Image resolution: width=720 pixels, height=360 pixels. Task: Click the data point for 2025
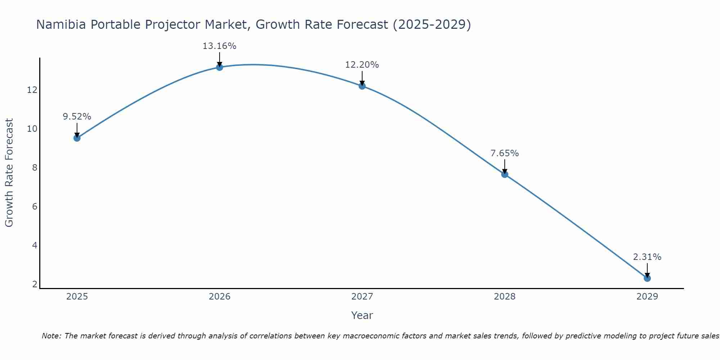click(77, 138)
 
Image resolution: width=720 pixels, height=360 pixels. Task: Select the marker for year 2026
click(220, 67)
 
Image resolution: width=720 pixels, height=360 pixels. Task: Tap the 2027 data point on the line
click(362, 86)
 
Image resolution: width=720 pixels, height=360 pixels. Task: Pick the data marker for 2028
click(505, 174)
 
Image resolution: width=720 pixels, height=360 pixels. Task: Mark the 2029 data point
click(647, 278)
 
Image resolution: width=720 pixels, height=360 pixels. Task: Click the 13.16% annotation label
click(219, 46)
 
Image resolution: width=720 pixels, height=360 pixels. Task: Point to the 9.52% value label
click(77, 117)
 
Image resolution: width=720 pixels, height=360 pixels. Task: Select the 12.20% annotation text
click(362, 65)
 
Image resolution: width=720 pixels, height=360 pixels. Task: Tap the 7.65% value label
click(504, 153)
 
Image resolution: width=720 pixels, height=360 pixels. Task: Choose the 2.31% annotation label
click(647, 257)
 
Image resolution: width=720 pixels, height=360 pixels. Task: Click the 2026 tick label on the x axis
click(220, 297)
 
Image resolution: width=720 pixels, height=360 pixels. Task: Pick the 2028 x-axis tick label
click(505, 297)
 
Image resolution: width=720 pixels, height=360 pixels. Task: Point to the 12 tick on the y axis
click(32, 90)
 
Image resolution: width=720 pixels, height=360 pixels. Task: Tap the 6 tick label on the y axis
click(35, 207)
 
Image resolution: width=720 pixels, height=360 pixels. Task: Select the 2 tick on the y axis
click(35, 284)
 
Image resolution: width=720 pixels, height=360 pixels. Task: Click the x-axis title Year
click(362, 315)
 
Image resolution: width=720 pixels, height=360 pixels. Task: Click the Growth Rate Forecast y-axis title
click(9, 172)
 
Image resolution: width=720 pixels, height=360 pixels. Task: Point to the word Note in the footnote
click(51, 336)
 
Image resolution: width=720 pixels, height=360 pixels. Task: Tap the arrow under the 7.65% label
click(505, 166)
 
